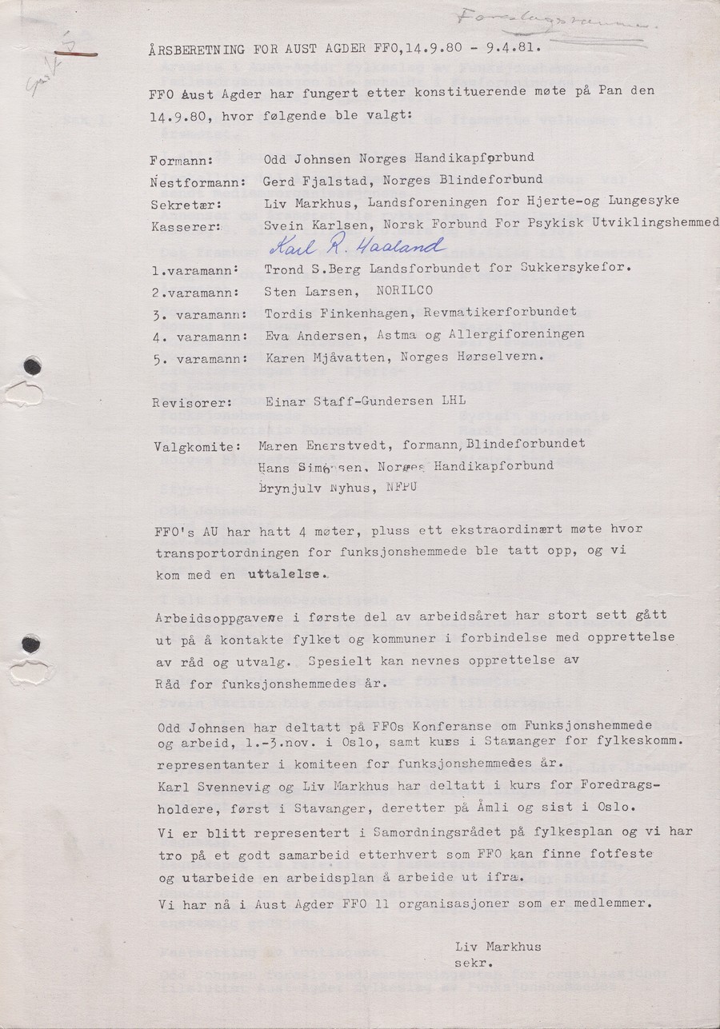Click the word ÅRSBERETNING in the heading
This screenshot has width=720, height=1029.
coord(196,49)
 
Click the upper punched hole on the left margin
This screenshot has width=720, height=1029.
coord(32,367)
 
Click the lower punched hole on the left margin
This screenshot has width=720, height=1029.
coord(32,643)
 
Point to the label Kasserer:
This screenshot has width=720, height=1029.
coord(183,227)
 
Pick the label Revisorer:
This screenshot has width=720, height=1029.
coord(186,402)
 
